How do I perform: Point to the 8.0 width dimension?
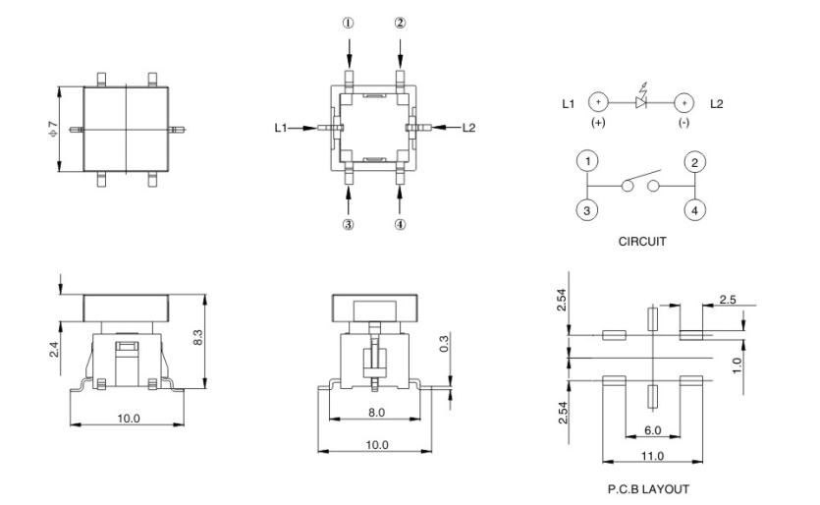376,414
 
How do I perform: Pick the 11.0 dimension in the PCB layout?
651,455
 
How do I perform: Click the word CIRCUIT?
642,240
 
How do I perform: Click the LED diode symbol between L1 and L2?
641,102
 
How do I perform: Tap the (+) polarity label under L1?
597,125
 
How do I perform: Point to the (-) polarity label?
684,125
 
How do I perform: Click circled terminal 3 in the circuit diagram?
586,208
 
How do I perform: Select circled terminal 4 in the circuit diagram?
694,208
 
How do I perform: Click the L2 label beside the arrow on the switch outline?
467,127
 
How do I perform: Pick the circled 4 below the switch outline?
400,224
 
